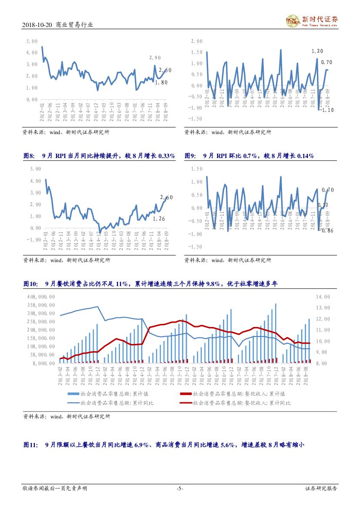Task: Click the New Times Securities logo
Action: pyautogui.click(x=312, y=20)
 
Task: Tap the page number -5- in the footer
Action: pyautogui.click(x=180, y=489)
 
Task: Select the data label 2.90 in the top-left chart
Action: pyautogui.click(x=155, y=58)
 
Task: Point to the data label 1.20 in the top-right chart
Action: pyautogui.click(x=317, y=51)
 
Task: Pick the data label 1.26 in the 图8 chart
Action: pyautogui.click(x=159, y=219)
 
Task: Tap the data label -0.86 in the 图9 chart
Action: pyautogui.click(x=327, y=231)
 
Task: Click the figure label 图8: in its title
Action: pyautogui.click(x=29, y=156)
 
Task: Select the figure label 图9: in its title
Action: pyautogui.click(x=191, y=156)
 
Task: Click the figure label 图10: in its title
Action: pyautogui.click(x=30, y=284)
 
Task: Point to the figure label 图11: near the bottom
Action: pyautogui.click(x=30, y=445)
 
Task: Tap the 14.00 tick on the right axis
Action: pyautogui.click(x=324, y=297)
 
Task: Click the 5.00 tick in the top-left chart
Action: pyautogui.click(x=32, y=41)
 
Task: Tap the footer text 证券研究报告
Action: pyautogui.click(x=321, y=489)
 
